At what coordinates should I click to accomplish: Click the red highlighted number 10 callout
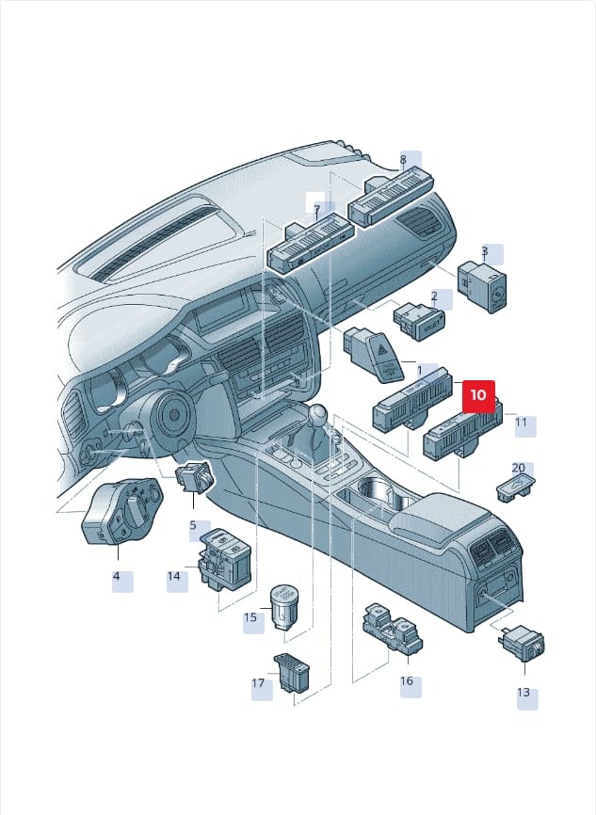[478, 396]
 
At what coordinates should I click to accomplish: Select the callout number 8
[403, 160]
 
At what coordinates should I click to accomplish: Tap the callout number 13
[524, 693]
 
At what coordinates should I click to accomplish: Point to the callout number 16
[407, 680]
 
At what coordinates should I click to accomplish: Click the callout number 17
[258, 683]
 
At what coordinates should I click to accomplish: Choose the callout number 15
[250, 617]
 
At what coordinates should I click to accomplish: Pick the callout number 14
[173, 576]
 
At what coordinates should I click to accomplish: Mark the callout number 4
[116, 576]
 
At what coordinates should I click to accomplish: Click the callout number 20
[519, 468]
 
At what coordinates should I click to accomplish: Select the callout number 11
[521, 422]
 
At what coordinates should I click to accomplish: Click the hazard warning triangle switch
[374, 355]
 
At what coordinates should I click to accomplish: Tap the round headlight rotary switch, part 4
[122, 511]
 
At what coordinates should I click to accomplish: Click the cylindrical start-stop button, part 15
[284, 607]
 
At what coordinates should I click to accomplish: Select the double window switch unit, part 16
[393, 630]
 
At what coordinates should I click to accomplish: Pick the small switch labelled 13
[524, 643]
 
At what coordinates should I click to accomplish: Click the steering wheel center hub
[173, 414]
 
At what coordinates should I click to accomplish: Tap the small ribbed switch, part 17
[291, 672]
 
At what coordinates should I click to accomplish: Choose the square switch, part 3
[482, 286]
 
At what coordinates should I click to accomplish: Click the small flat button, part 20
[515, 487]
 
